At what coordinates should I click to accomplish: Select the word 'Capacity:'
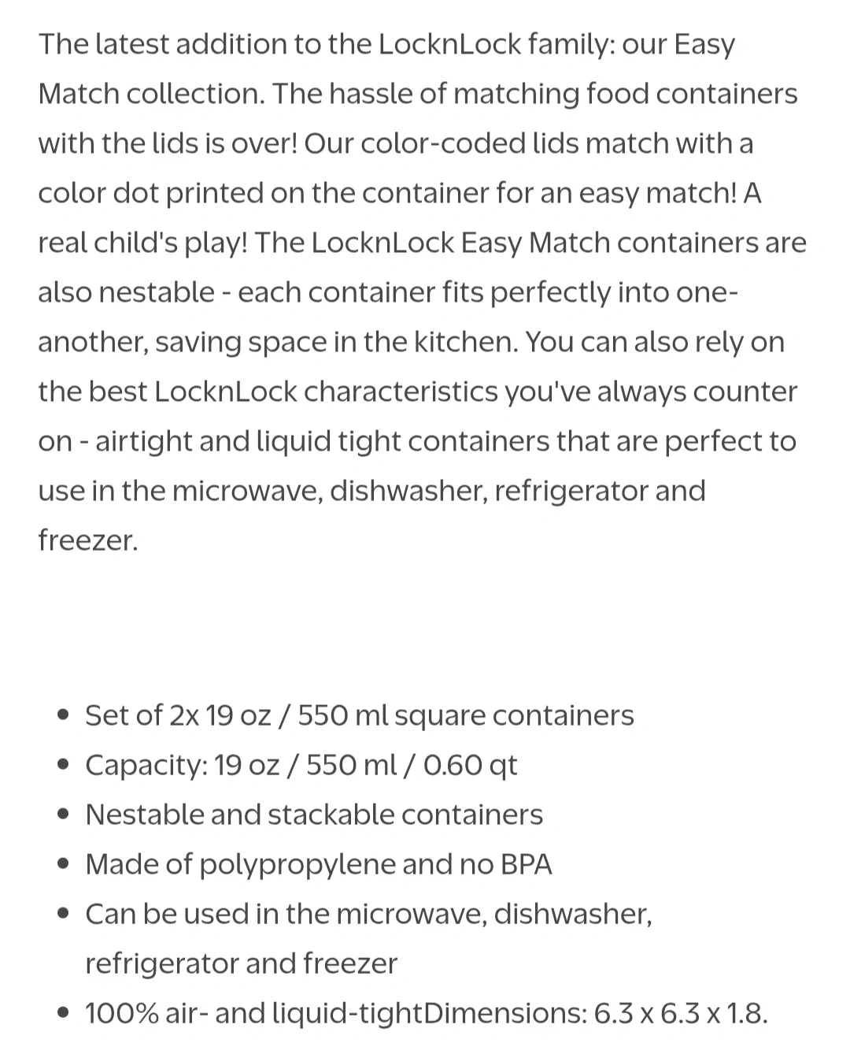tap(146, 765)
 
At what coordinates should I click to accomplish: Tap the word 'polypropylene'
tap(297, 865)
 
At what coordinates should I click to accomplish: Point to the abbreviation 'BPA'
tap(527, 864)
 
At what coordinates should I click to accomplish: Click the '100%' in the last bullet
tap(122, 1013)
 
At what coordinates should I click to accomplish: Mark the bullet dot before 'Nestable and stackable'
tap(65, 815)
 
